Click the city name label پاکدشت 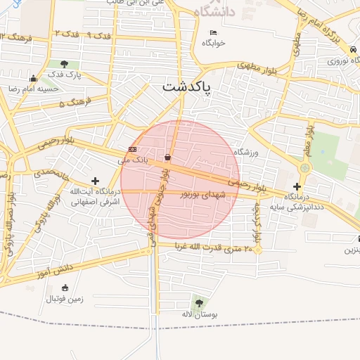pos(189,87)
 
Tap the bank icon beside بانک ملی pos(132,150)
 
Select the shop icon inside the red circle pos(167,157)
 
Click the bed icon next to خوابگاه pos(214,32)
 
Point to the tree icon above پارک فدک pos(65,64)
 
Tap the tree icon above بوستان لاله pos(200,303)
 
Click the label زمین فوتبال pos(65,299)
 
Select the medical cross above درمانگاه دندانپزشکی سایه pos(298,186)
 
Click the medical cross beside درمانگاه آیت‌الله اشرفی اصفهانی pos(96,181)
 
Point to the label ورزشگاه pos(247,152)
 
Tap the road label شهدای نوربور pos(205,193)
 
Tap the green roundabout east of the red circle pos(304,168)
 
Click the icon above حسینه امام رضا pos(33,78)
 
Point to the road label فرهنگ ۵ pos(70,103)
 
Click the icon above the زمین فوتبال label pos(65,288)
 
